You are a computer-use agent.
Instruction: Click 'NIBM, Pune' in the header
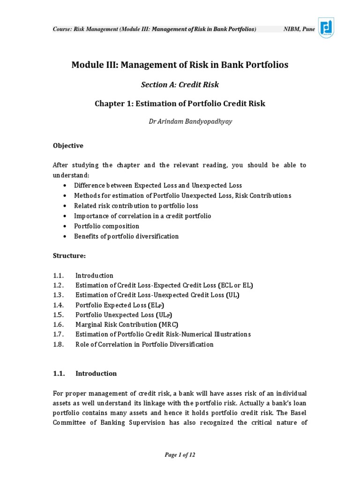(x=300, y=29)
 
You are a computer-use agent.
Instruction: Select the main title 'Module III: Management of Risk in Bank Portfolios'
(x=180, y=65)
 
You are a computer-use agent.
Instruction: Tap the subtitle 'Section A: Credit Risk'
(x=180, y=85)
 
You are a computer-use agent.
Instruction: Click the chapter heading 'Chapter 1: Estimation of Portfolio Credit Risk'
(x=180, y=104)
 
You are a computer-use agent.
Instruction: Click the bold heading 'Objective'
(x=68, y=146)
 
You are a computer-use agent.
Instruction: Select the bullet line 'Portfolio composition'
(x=106, y=226)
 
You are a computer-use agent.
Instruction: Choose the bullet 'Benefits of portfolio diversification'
(x=126, y=236)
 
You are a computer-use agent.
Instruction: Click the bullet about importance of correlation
(x=142, y=216)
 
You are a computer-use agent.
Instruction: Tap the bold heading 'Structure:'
(x=69, y=256)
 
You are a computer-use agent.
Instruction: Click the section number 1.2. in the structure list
(x=58, y=285)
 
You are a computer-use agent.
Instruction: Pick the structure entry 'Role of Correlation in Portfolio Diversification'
(x=144, y=345)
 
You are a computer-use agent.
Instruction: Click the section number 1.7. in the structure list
(x=58, y=334)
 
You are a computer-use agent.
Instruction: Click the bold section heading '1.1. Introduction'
(x=85, y=374)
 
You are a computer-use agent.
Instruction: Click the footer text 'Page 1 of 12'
(x=180, y=455)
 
